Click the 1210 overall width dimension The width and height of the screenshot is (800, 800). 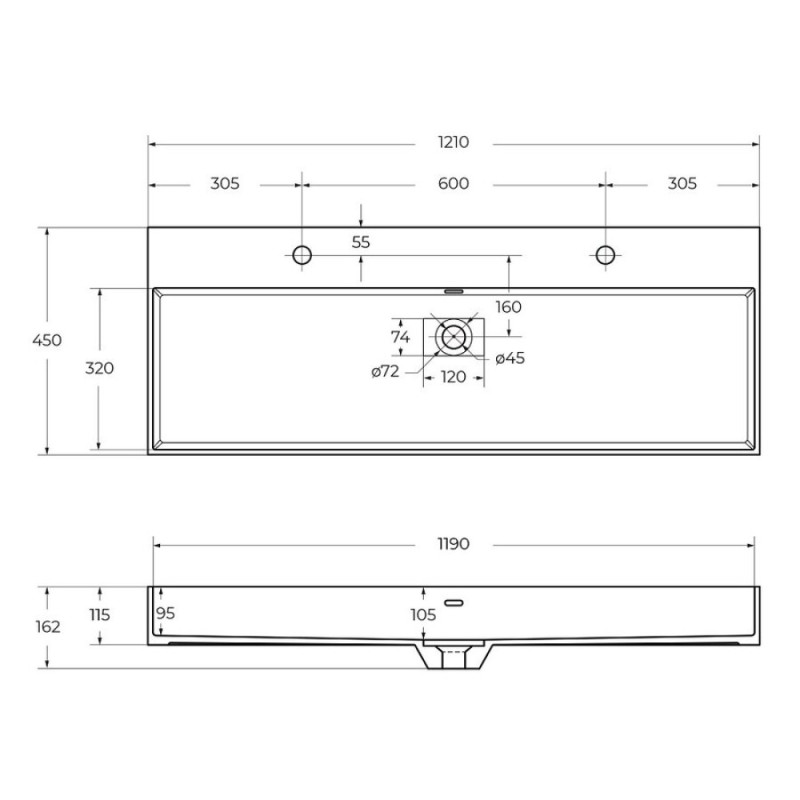453,142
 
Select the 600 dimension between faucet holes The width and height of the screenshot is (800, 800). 453,183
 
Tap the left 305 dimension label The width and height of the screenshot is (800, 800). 224,183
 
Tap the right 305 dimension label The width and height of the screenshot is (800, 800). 682,183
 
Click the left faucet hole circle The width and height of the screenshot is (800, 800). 302,255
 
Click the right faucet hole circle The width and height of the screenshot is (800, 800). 605,255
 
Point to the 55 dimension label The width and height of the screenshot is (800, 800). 361,242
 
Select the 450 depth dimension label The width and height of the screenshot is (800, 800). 47,340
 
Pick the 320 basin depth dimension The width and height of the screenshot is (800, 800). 99,368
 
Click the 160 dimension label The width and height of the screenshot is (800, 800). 509,307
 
